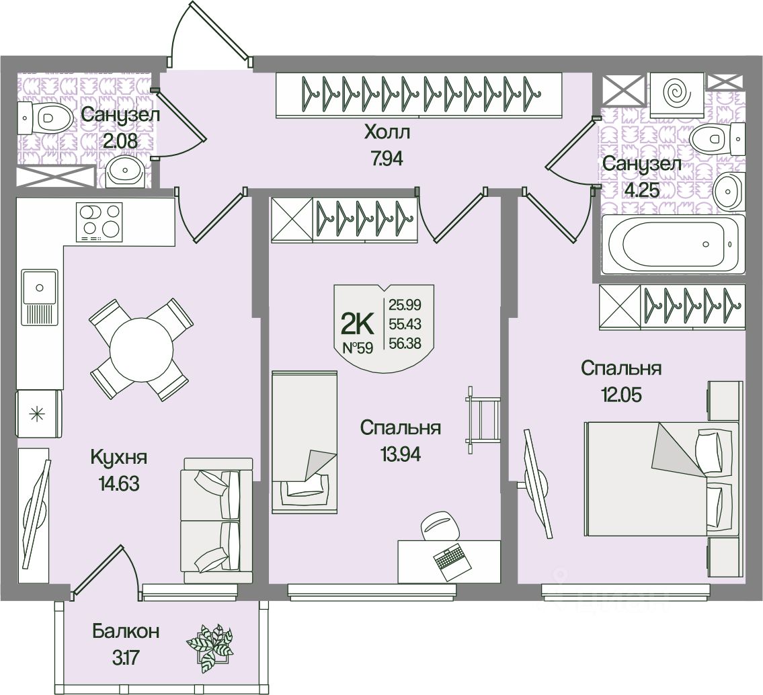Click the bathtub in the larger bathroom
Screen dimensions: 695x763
coord(673,243)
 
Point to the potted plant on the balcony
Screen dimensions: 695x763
coord(209,647)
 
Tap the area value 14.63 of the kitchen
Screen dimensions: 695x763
coord(118,483)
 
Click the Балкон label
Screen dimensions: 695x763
coord(126,631)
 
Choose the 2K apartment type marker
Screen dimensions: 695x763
coord(358,324)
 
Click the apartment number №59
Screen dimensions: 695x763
coord(358,347)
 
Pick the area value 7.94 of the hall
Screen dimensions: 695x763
coord(387,161)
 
